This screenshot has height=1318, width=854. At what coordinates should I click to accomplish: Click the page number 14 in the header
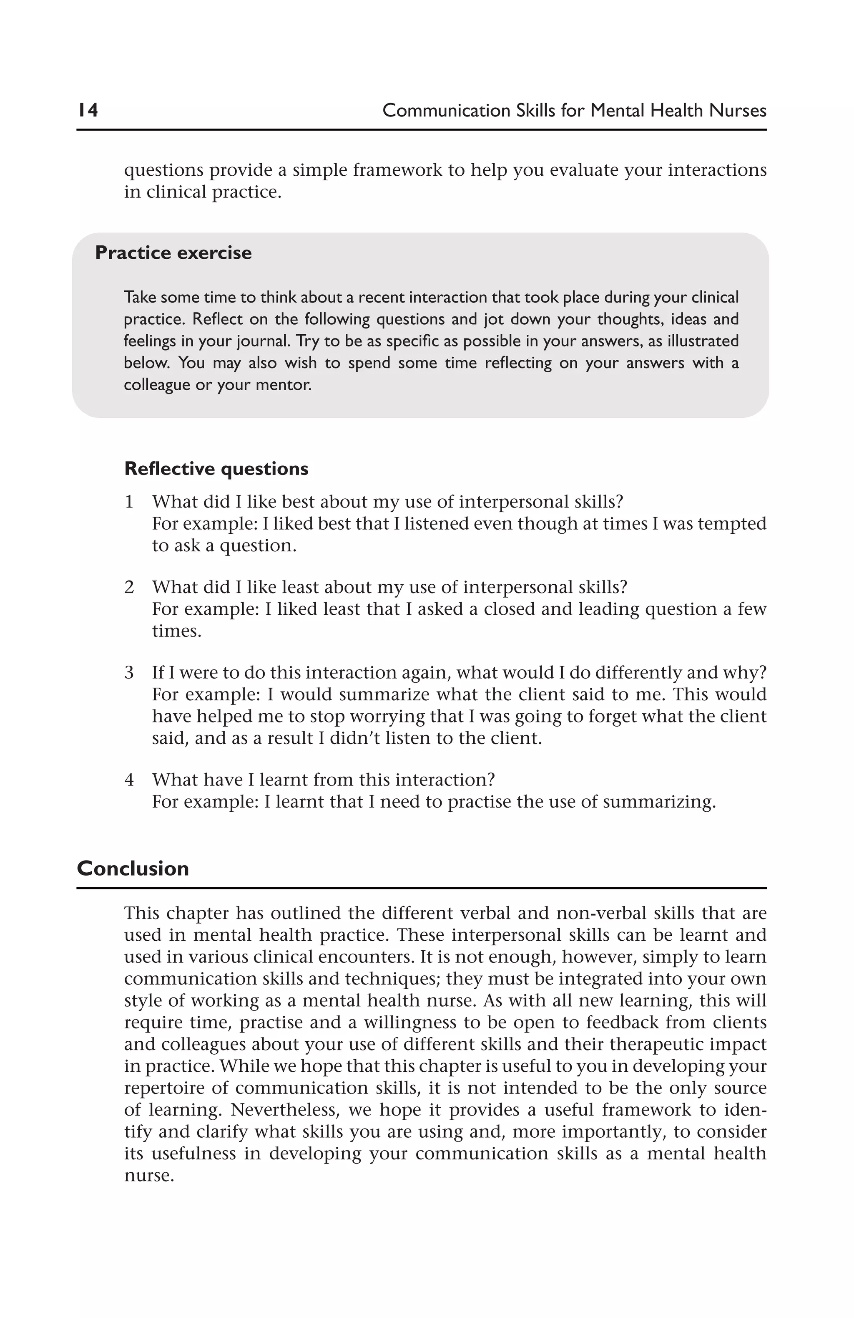pos(88,110)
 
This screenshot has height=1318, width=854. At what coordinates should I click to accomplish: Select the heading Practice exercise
pos(173,252)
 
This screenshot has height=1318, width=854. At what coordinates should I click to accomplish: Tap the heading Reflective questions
pos(216,469)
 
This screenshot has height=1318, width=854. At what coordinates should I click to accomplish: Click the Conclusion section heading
pos(133,869)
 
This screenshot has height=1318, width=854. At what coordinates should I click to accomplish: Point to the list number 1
pos(129,502)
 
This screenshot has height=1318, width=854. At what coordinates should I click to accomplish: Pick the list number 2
pos(129,587)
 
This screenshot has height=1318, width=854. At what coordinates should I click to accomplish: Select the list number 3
pos(129,672)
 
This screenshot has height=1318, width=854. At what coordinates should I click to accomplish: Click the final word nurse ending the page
pos(148,1175)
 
